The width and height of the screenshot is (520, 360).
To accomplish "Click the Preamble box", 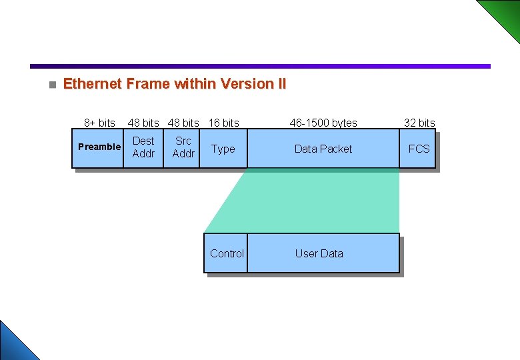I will [99, 147].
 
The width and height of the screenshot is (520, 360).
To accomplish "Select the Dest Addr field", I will [143, 147].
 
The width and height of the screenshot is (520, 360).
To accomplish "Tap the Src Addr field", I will [183, 147].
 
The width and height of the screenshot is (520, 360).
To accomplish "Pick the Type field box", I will [223, 149].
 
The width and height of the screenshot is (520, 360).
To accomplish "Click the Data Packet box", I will [323, 149].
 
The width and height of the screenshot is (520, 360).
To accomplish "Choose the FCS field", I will [419, 149].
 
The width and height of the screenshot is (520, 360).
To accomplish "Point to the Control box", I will [226, 253].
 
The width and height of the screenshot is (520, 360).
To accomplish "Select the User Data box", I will [320, 253].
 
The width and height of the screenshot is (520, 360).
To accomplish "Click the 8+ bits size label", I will [99, 123].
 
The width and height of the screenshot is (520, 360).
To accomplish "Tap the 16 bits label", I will [224, 123].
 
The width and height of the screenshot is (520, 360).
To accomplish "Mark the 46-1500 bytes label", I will [323, 123].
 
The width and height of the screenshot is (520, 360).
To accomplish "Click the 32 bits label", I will [419, 123].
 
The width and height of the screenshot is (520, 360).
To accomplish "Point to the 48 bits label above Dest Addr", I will [143, 123].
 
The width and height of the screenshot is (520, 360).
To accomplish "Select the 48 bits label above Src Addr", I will [183, 123].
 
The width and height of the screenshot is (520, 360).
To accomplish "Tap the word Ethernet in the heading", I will [92, 84].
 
